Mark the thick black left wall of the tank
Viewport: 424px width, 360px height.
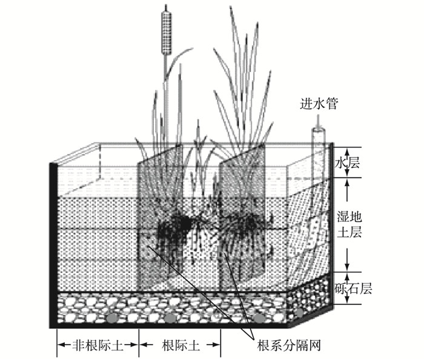53,242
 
